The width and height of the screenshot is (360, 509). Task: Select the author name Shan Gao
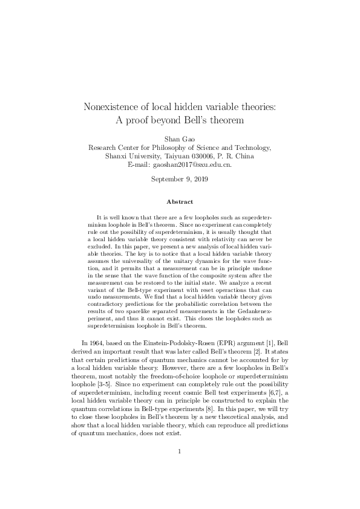[x=180, y=138]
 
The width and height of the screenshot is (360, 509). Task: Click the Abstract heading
[x=180, y=201]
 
